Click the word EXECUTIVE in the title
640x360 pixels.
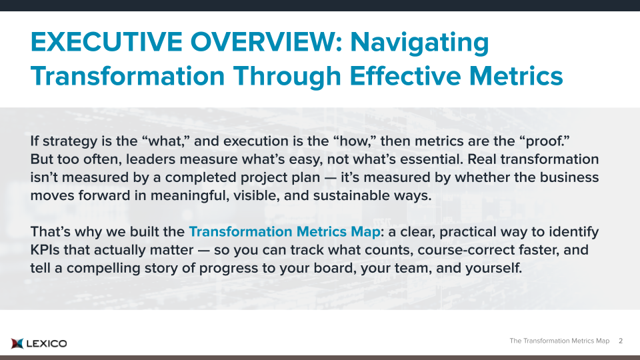point(106,42)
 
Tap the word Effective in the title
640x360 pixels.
point(405,76)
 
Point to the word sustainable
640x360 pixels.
point(351,195)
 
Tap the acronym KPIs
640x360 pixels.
point(45,250)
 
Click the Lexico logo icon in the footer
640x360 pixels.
point(17,344)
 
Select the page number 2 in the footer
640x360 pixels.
point(621,341)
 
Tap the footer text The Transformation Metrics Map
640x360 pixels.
point(559,341)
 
